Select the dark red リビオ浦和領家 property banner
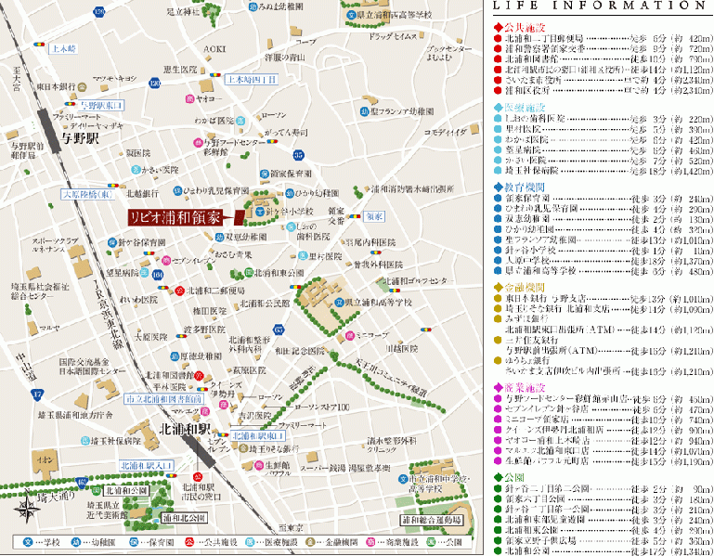coord(175,217)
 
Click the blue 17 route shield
coord(38,394)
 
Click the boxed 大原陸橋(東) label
coord(86,195)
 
